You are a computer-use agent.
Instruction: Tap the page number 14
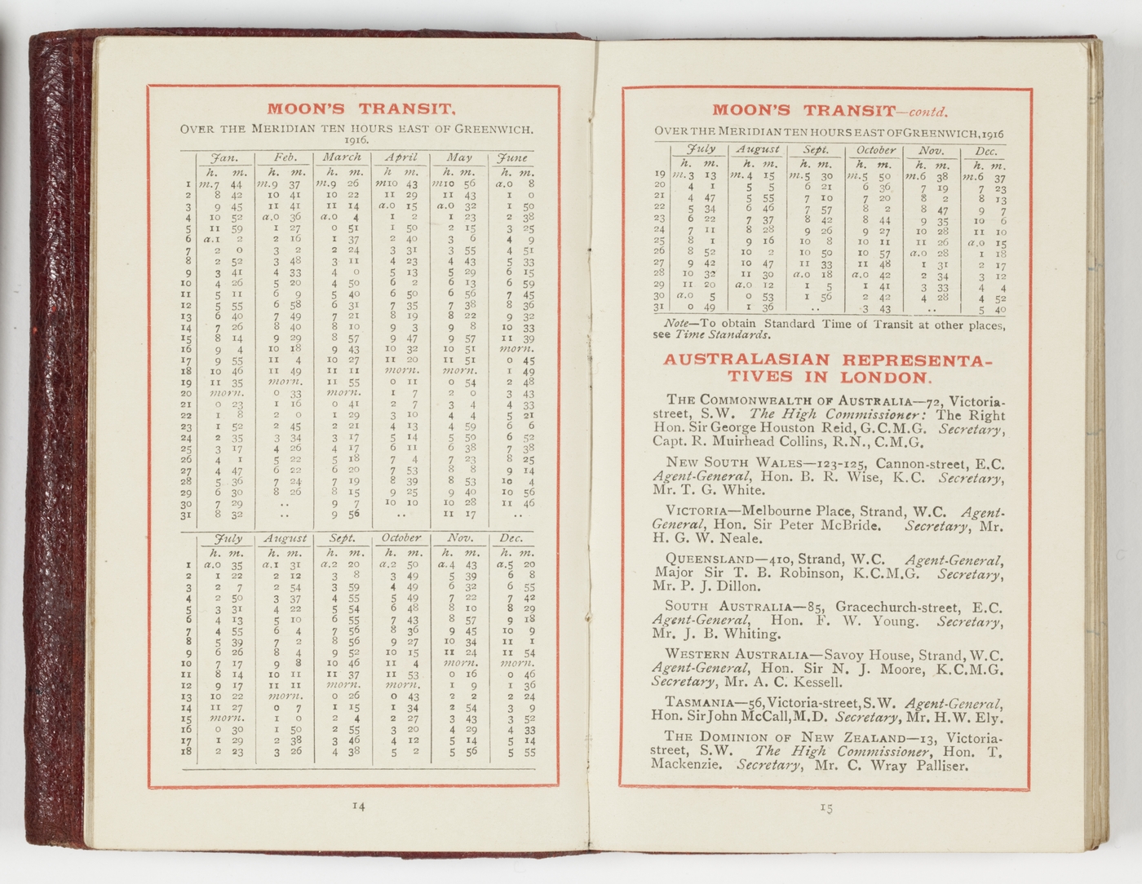point(358,806)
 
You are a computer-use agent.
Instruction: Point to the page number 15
point(826,807)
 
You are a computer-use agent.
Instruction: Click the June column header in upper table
point(512,157)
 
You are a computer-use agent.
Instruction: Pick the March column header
point(341,157)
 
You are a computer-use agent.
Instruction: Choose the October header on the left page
point(401,538)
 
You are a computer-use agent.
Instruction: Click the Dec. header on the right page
point(986,151)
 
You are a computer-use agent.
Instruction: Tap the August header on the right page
point(758,150)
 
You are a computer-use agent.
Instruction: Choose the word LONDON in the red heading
point(885,377)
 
